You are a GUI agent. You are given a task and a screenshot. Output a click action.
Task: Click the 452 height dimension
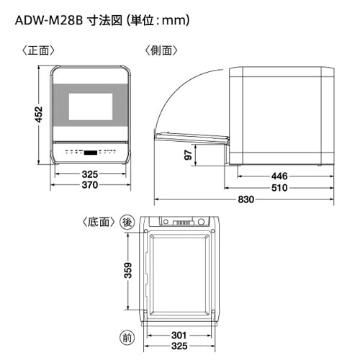coord(39,114)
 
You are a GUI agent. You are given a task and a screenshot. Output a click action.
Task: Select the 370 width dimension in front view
coord(90,185)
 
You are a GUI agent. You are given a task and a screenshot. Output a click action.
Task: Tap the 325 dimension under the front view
coord(90,174)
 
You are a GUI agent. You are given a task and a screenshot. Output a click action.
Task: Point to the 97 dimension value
coord(189,155)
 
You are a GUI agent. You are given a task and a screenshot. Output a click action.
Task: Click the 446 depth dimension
coord(279,176)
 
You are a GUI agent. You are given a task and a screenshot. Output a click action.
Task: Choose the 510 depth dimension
coord(279,188)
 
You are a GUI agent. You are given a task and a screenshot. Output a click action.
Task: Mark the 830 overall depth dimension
coord(246,199)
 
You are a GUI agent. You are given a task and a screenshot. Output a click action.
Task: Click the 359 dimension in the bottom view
coord(128,271)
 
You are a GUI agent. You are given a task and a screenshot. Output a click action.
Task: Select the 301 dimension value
coord(179,335)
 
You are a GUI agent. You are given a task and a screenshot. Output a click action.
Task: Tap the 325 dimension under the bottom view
coord(179,346)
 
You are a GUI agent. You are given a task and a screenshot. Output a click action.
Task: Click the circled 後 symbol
coord(127,222)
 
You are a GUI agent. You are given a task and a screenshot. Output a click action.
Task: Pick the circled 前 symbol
coord(127,338)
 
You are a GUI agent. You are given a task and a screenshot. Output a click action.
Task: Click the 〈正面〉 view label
coord(39,50)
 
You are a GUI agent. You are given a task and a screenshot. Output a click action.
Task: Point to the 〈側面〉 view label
coord(161,50)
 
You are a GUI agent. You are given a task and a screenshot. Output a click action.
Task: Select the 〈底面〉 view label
coord(99,222)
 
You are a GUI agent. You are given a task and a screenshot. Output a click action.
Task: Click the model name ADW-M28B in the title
coord(49,21)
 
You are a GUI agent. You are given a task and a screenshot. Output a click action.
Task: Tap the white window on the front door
coord(91,107)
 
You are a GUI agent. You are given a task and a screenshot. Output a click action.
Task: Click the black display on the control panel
coord(91,153)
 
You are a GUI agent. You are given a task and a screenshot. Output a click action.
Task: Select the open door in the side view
coord(192,138)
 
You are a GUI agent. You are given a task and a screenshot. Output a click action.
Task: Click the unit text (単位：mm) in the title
coord(158,21)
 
